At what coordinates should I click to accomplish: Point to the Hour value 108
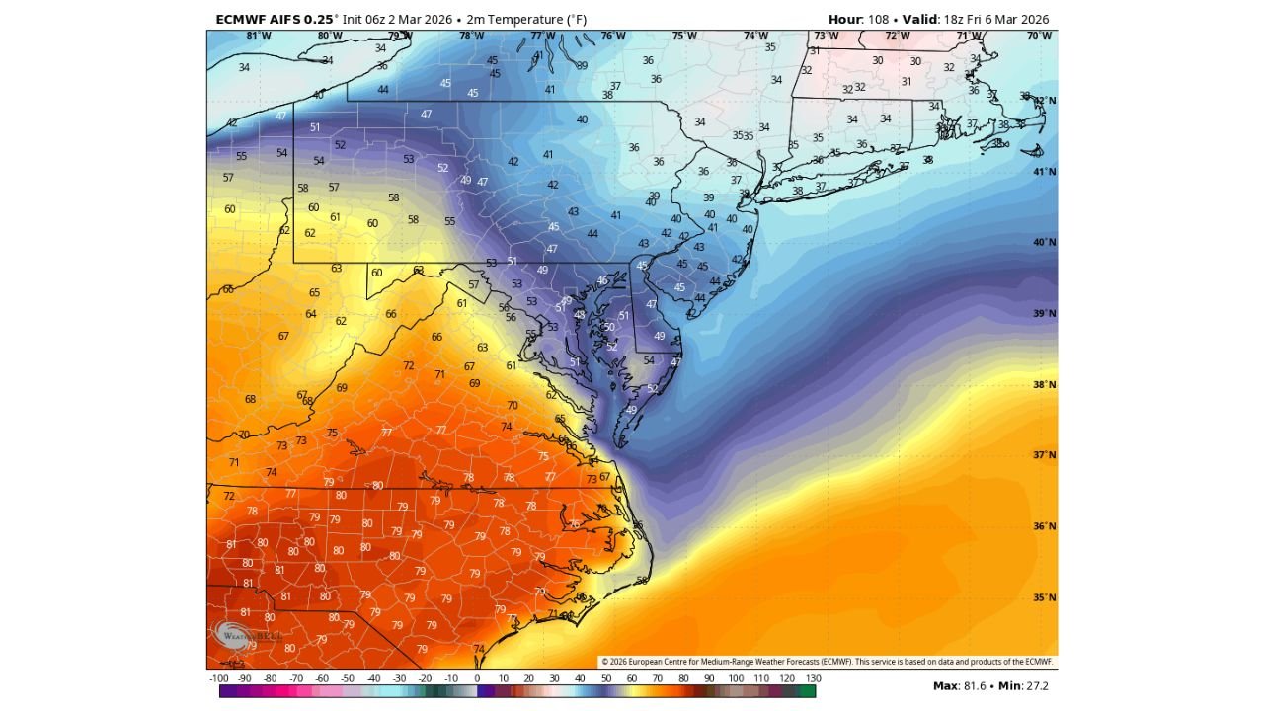(x=878, y=20)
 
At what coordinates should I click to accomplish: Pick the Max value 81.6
(x=972, y=685)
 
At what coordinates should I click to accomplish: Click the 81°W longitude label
(x=258, y=36)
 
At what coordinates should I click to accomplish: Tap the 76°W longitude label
(x=613, y=36)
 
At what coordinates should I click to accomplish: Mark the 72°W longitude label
(x=897, y=36)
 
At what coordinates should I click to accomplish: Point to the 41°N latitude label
(x=1045, y=172)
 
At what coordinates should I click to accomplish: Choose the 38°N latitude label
(x=1045, y=385)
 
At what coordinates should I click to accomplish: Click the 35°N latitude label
(x=1045, y=598)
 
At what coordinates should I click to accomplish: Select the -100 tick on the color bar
(x=220, y=679)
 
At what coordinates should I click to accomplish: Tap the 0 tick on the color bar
(x=478, y=679)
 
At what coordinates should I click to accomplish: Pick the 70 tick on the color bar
(x=658, y=679)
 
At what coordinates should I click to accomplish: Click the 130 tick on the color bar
(x=813, y=679)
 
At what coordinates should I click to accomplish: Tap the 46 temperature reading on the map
(x=602, y=281)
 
